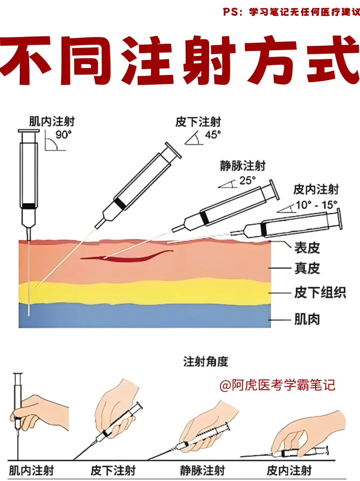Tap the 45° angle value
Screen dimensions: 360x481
tap(213, 135)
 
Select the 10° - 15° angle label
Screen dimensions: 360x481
tap(316, 205)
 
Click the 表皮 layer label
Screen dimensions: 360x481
tap(307, 248)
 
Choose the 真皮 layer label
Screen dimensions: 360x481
tap(307, 268)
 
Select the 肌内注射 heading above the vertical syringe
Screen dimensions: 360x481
tap(52, 122)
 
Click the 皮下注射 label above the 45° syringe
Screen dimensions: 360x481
tap(198, 122)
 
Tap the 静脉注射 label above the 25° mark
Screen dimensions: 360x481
tap(243, 166)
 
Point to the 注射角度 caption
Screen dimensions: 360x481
tap(206, 362)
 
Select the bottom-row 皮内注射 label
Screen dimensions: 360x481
tap(289, 470)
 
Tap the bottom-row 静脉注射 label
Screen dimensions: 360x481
tap(203, 470)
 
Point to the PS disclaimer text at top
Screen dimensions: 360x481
tap(291, 12)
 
